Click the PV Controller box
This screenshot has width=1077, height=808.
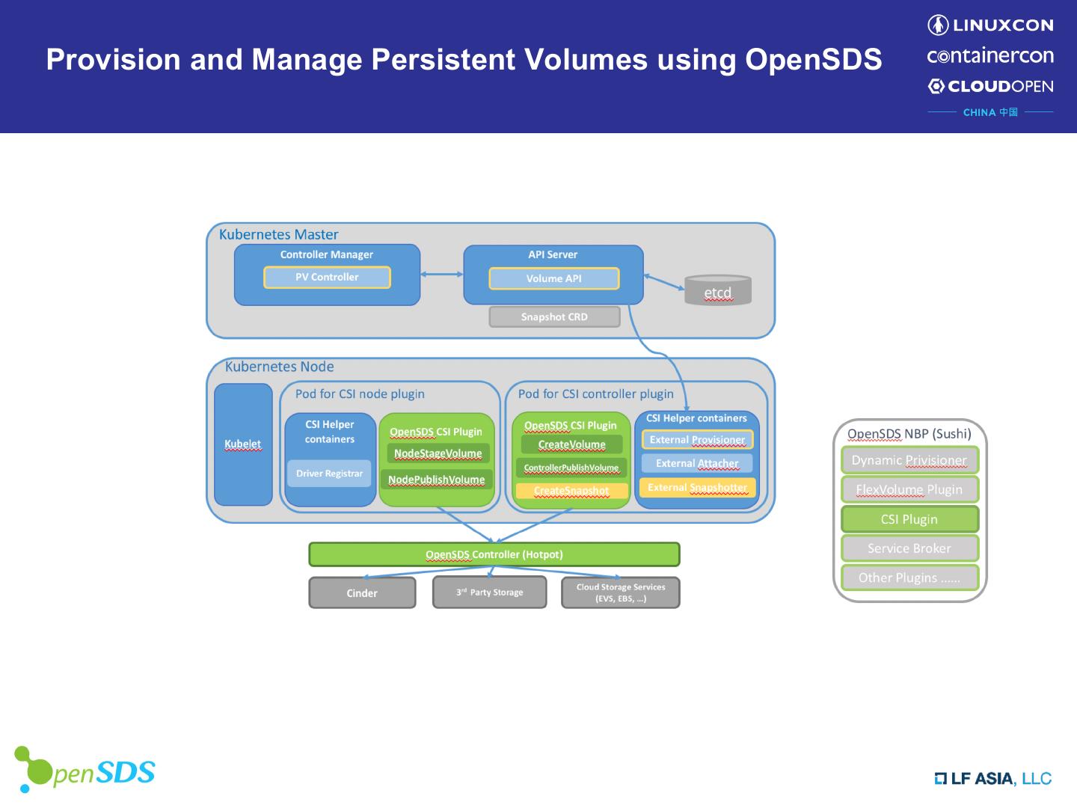(x=327, y=278)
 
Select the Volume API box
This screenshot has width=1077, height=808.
(x=553, y=278)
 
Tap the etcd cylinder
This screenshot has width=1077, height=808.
(x=717, y=291)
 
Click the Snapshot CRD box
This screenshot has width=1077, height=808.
(x=554, y=317)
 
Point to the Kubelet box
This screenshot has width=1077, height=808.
(x=243, y=444)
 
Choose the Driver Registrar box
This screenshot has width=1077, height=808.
(x=329, y=474)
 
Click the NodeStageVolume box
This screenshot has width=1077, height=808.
(x=438, y=453)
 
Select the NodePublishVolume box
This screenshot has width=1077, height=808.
(x=436, y=480)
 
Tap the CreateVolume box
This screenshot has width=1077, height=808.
(x=571, y=444)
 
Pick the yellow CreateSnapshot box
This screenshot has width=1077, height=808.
(x=571, y=491)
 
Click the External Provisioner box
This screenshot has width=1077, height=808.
(x=697, y=440)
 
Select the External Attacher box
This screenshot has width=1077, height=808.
(x=697, y=464)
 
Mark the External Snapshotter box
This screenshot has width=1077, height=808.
(x=697, y=488)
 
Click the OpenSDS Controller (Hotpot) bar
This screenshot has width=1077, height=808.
(x=494, y=554)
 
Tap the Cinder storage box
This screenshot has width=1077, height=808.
(x=362, y=593)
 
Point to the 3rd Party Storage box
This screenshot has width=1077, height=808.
(x=489, y=593)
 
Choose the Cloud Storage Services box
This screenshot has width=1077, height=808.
(x=620, y=593)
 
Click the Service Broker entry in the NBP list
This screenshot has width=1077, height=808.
(x=909, y=548)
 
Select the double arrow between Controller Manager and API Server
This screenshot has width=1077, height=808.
(x=441, y=275)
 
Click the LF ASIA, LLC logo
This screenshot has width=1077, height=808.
(x=992, y=779)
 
